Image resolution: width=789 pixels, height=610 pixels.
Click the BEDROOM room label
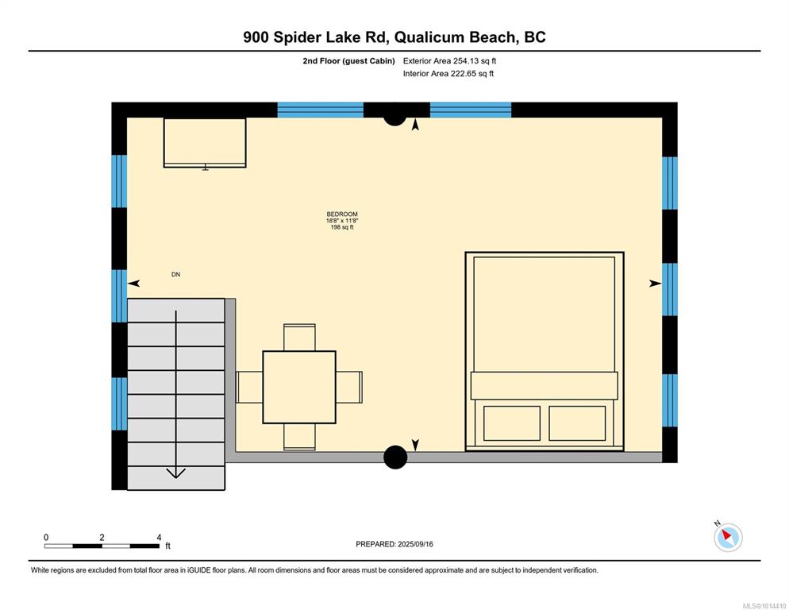pyautogui.click(x=342, y=214)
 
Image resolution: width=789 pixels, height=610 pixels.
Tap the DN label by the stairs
pyautogui.click(x=175, y=275)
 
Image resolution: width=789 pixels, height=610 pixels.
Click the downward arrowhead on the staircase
pyautogui.click(x=175, y=473)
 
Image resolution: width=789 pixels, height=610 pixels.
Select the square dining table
pyautogui.click(x=299, y=387)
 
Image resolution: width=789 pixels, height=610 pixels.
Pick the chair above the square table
pyautogui.click(x=299, y=338)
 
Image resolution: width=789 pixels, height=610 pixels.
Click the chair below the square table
pyautogui.click(x=299, y=437)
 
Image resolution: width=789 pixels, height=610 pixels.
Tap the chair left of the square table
pyautogui.click(x=249, y=387)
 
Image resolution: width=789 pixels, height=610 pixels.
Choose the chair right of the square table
pyautogui.click(x=349, y=387)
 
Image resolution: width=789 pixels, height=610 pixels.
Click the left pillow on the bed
pyautogui.click(x=512, y=423)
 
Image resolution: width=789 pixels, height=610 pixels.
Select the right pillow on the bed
pyautogui.click(x=577, y=423)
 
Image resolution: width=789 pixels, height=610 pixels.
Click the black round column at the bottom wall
pyautogui.click(x=395, y=457)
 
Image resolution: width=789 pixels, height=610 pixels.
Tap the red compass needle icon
pyautogui.click(x=727, y=535)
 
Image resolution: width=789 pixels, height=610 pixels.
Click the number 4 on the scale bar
pyautogui.click(x=159, y=538)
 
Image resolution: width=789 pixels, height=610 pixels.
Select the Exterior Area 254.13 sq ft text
pyautogui.click(x=449, y=61)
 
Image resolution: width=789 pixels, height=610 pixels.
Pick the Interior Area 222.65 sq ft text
pyautogui.click(x=448, y=74)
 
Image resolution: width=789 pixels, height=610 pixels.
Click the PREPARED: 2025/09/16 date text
pyautogui.click(x=394, y=544)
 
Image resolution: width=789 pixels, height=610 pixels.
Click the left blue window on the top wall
pyautogui.click(x=321, y=110)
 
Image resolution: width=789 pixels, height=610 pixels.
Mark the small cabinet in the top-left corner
pyautogui.click(x=205, y=142)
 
